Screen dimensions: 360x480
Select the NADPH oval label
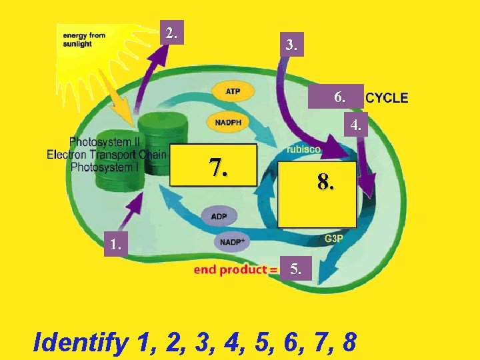(x=229, y=122)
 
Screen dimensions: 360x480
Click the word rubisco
(x=303, y=150)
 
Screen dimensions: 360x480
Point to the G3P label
(x=334, y=239)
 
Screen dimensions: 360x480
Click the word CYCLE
(x=387, y=98)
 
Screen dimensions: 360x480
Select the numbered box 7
(x=213, y=166)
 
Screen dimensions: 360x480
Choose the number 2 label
(x=173, y=33)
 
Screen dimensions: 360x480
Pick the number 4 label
(x=356, y=125)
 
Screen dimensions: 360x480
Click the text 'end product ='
(x=235, y=270)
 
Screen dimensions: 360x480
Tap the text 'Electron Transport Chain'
(x=107, y=155)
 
